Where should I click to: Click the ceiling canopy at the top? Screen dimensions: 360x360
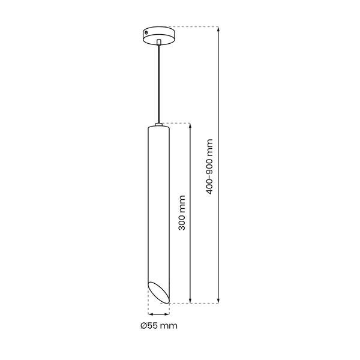(158, 35)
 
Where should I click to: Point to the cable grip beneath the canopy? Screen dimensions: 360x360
(158, 43)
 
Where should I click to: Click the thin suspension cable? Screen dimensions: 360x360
(158, 84)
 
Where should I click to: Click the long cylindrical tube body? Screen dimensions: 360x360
(158, 204)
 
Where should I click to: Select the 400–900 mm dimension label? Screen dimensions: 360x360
(209, 167)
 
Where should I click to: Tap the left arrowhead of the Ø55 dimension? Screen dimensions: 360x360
(150, 314)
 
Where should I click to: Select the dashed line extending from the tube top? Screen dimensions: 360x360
(177, 123)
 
